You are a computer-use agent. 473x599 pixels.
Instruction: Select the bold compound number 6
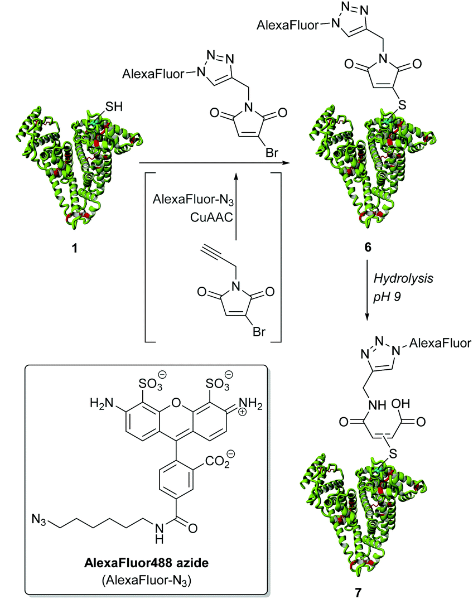tap(368, 247)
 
